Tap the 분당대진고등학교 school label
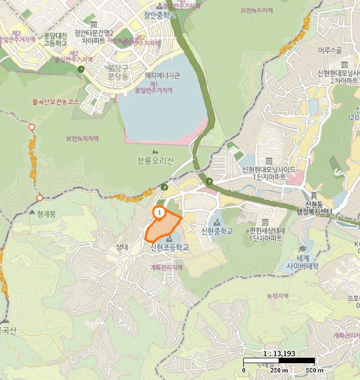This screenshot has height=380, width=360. pyautogui.click(x=55, y=39)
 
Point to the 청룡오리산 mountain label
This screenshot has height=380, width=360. pyautogui.click(x=155, y=161)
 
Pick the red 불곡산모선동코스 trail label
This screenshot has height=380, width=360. pyautogui.click(x=56, y=102)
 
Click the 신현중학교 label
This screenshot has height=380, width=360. pyautogui.click(x=217, y=231)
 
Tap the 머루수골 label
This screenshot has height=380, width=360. pyautogui.click(x=330, y=51)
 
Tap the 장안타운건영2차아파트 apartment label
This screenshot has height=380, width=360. pyautogui.click(x=94, y=36)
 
